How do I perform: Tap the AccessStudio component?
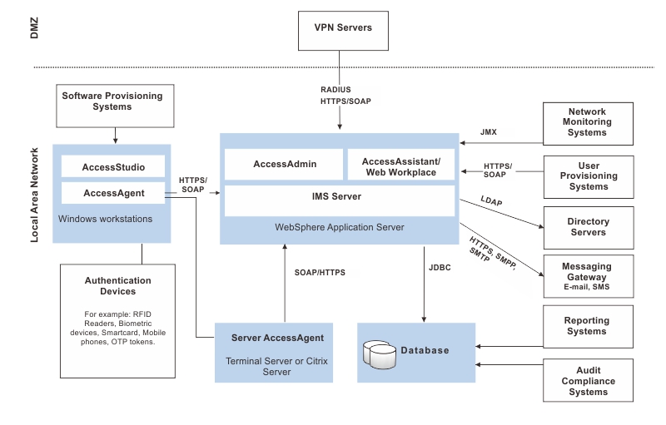coord(113,167)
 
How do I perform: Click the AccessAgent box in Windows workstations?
coord(113,193)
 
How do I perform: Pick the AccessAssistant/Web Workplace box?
coord(401,165)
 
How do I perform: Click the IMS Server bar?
coord(340,197)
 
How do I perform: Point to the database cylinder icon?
coord(379,355)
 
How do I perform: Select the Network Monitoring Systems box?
coord(587,122)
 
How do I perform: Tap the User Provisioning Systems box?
coord(587,175)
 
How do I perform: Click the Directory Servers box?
coord(587,227)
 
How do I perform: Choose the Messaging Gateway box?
coord(587,276)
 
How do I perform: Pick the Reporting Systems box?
coord(587,326)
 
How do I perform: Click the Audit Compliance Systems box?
coord(587,381)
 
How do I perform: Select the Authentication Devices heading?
coord(118,286)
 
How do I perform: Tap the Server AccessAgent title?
coord(278,338)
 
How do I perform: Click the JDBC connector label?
coord(440,269)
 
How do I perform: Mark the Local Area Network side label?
coord(35,195)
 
